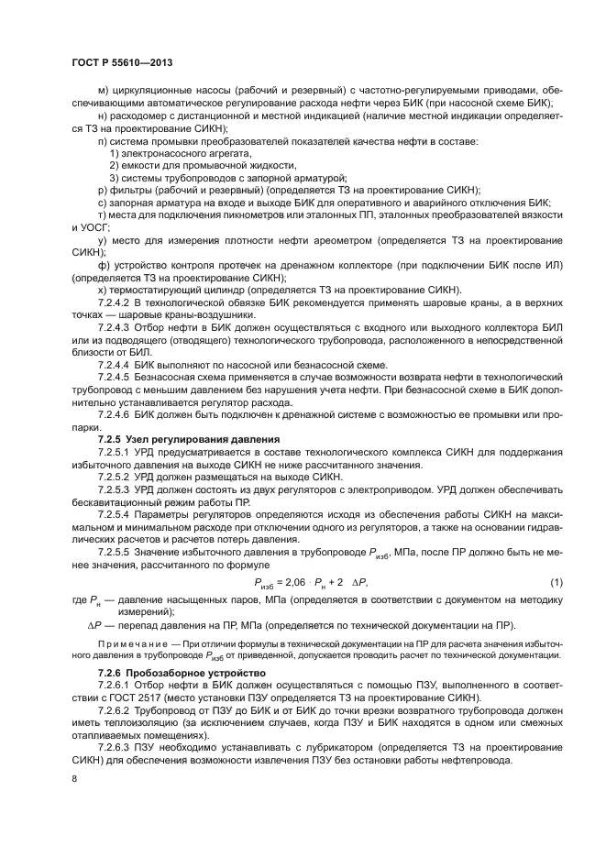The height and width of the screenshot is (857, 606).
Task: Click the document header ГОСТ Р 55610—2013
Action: coord(122,62)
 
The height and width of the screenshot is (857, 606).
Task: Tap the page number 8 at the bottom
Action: coord(74,777)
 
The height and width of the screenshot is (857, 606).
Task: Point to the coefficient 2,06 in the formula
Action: coord(292,583)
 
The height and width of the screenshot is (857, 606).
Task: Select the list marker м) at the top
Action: coord(103,91)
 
